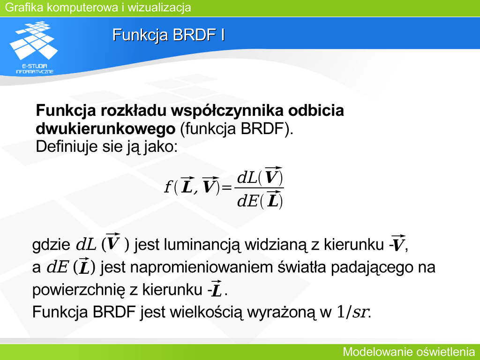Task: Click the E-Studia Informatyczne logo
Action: click(34, 47)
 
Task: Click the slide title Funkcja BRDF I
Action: click(169, 35)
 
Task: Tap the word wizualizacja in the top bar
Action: click(159, 7)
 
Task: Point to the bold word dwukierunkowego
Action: click(105, 129)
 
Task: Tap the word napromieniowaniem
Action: click(202, 267)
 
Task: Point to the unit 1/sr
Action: click(352, 312)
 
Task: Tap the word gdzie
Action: click(52, 245)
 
